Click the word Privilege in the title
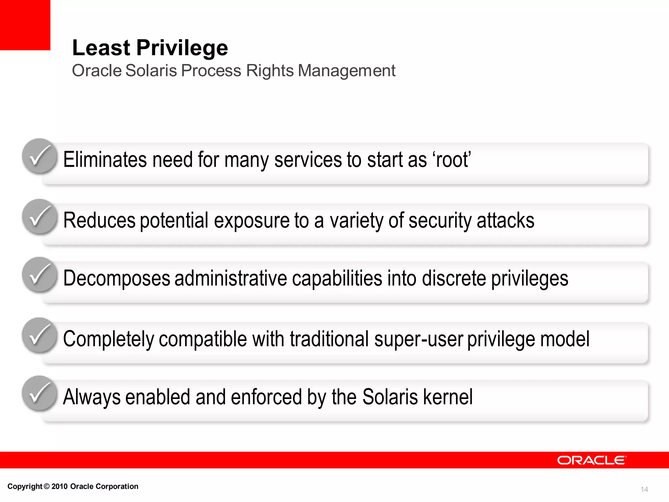coord(182,48)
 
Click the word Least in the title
coord(101,48)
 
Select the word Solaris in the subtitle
coord(151,71)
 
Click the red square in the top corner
coord(25,25)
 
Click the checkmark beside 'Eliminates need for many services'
coord(40,156)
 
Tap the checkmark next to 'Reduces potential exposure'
coord(40,217)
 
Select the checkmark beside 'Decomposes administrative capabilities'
coord(40,275)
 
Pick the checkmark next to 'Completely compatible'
coord(40,335)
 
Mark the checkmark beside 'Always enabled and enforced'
coord(40,393)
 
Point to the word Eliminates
coord(105,160)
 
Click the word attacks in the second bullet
coord(505,220)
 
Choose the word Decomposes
coord(117,278)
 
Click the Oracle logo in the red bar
coord(592,460)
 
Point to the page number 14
coord(644,489)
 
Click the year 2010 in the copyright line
coord(59,486)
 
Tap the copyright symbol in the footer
coord(47,486)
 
